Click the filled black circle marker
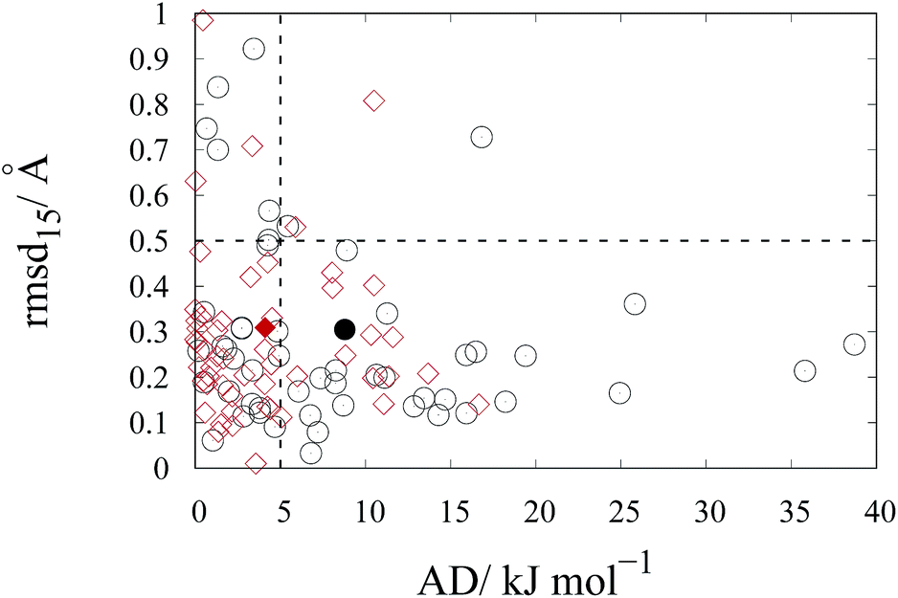point(345,329)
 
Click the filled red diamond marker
point(265,327)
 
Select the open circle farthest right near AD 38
point(854,344)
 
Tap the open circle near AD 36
point(804,370)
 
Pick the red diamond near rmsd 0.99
point(203,21)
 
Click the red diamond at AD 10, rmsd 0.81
point(373,100)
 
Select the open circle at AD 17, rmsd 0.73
point(482,137)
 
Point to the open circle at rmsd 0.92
point(254,49)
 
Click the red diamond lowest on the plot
point(255,463)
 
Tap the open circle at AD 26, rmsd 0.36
point(635,303)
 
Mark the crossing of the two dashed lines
point(280,241)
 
